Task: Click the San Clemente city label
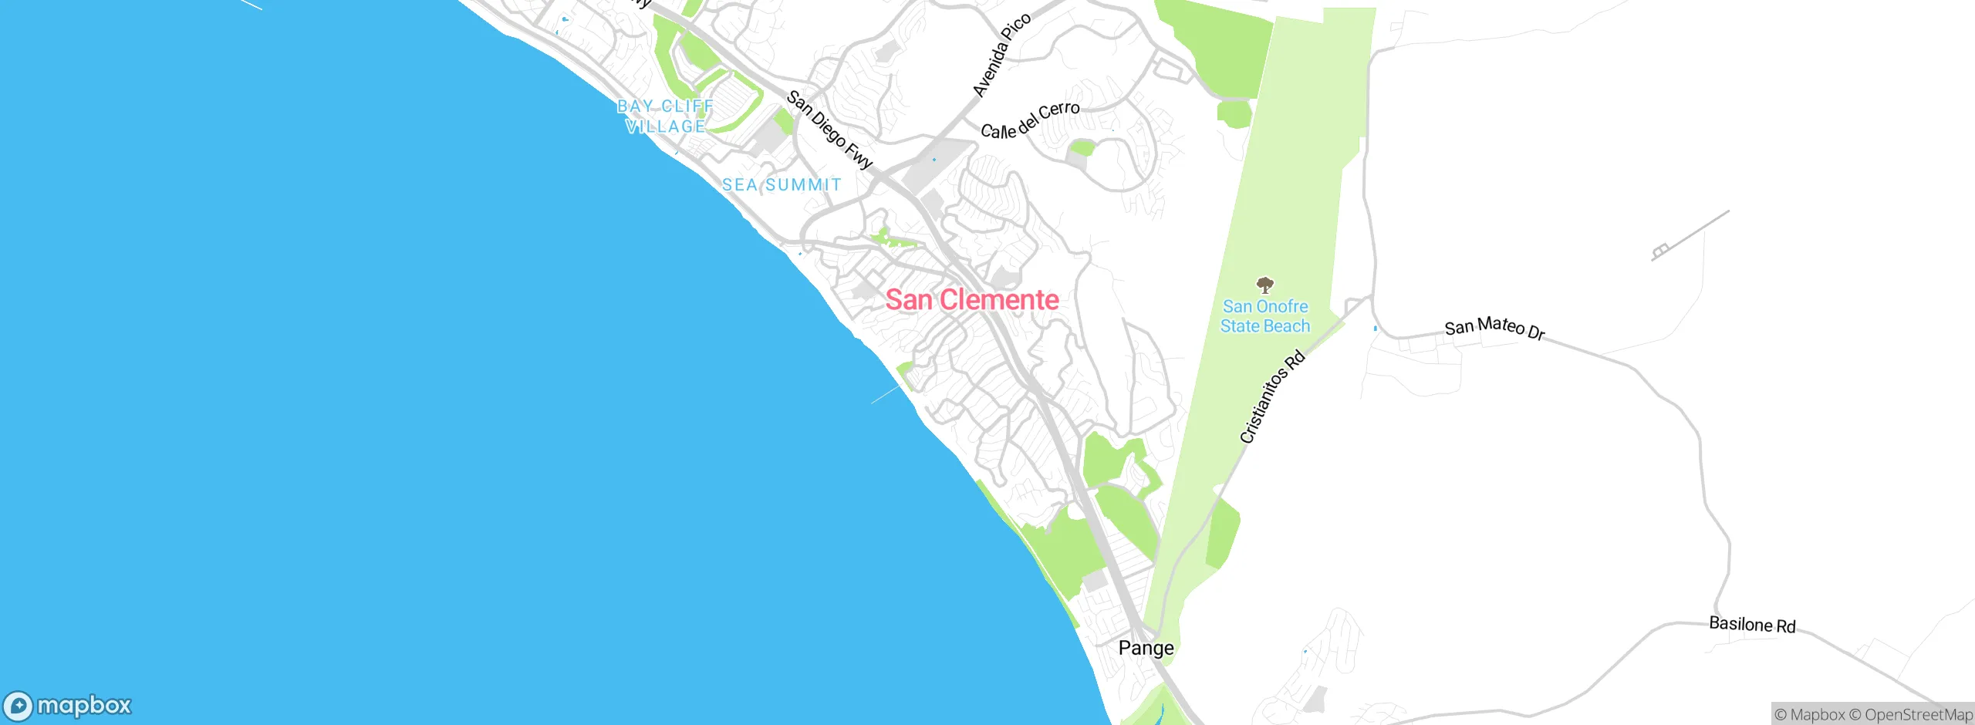tap(971, 299)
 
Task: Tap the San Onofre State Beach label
tap(1264, 316)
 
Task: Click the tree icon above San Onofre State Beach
tap(1264, 285)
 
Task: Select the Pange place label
tap(1146, 648)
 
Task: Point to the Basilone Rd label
tap(1752, 624)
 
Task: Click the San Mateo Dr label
tap(1494, 328)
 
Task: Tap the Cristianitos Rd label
tap(1272, 397)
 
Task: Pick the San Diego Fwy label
tap(829, 130)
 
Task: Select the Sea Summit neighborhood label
tap(782, 185)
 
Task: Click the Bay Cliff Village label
tap(665, 116)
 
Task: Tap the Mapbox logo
tap(68, 706)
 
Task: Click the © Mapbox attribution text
tap(1809, 715)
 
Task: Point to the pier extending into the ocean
tap(886, 395)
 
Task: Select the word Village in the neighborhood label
tap(665, 126)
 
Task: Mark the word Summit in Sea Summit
tap(803, 185)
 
